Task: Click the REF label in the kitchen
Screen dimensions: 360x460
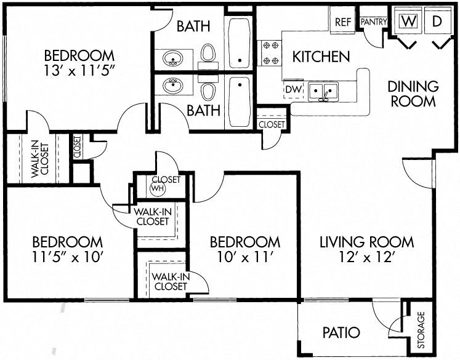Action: click(x=342, y=22)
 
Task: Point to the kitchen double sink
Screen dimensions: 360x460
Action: click(x=324, y=92)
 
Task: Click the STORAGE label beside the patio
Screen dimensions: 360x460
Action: click(x=422, y=330)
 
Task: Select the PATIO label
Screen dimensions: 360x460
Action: click(x=341, y=333)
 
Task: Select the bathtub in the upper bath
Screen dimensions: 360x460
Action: click(x=239, y=43)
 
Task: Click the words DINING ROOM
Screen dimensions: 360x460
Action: click(x=414, y=93)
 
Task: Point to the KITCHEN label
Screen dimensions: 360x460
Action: click(x=321, y=57)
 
